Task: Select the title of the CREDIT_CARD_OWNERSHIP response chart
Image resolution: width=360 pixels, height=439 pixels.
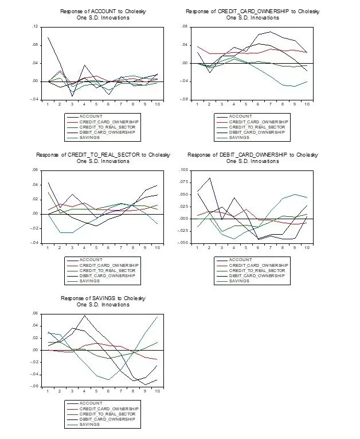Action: [253, 11]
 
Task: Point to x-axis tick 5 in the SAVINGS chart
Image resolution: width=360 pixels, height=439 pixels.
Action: [97, 391]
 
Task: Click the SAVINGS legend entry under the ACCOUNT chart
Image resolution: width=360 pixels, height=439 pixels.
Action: [89, 138]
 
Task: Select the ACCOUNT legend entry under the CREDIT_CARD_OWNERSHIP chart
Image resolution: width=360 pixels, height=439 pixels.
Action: [241, 116]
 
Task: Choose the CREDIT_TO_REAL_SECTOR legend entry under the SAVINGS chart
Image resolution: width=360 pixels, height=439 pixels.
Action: [108, 414]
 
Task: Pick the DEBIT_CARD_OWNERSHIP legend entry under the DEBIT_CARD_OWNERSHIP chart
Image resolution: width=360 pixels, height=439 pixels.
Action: [257, 276]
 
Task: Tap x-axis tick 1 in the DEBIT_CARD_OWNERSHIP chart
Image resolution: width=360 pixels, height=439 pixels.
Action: [197, 247]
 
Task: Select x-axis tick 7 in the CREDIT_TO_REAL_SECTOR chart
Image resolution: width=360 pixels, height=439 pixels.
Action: [121, 247]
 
